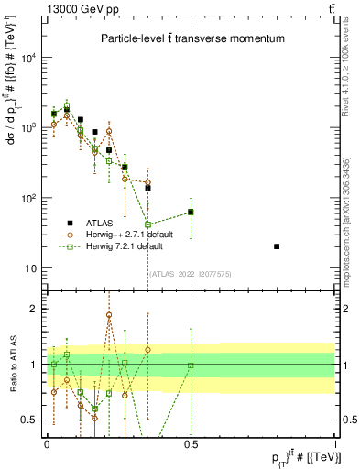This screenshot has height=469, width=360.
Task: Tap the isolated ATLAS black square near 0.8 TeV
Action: (x=277, y=246)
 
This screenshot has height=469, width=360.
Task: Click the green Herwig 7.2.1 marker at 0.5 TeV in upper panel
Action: (x=191, y=212)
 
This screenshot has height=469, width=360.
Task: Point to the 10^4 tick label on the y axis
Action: (x=29, y=58)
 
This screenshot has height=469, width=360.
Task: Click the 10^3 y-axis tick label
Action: (x=29, y=128)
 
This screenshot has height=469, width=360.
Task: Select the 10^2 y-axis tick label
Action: (x=29, y=199)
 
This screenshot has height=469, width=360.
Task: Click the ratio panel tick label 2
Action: (x=36, y=309)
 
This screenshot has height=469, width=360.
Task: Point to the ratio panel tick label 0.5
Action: (x=32, y=420)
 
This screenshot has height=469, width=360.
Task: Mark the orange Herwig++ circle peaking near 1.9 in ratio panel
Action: (x=109, y=315)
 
